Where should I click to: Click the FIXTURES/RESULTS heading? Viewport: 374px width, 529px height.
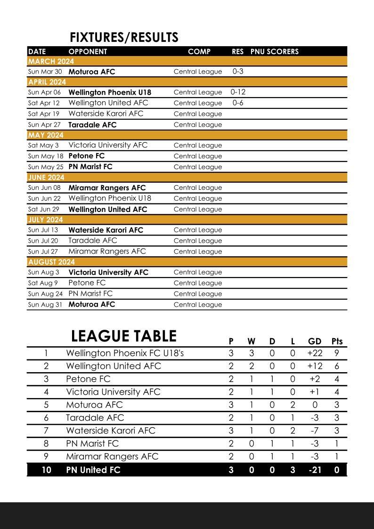(x=124, y=38)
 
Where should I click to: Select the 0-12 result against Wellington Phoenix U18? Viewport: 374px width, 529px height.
(x=238, y=92)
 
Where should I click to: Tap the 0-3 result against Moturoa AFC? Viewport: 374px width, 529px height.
(x=238, y=72)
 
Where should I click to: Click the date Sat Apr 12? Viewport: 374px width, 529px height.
(x=44, y=103)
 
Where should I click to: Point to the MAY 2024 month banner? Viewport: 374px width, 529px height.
(x=46, y=135)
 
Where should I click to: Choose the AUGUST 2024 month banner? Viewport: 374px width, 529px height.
(x=51, y=262)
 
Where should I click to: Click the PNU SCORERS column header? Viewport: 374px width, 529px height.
(x=274, y=52)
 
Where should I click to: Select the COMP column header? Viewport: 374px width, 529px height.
(x=199, y=52)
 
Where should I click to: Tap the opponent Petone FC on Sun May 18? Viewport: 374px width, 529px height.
(x=87, y=156)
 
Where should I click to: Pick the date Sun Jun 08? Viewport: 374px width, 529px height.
(x=44, y=187)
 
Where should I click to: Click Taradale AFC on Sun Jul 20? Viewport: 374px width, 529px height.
(x=93, y=241)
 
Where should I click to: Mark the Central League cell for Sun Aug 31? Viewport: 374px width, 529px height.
(x=197, y=305)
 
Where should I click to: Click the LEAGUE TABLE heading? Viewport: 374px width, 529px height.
(x=124, y=336)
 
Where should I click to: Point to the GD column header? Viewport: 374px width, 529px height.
(x=315, y=342)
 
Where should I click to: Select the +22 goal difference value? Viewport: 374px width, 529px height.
(x=315, y=353)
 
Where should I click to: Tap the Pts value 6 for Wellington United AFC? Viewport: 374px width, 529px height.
(x=337, y=366)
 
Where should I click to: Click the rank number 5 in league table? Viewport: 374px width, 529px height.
(x=46, y=405)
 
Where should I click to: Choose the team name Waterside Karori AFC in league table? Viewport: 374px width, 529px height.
(x=110, y=431)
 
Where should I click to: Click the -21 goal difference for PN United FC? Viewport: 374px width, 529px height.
(x=315, y=470)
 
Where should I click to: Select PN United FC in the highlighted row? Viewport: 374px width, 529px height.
(x=93, y=470)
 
